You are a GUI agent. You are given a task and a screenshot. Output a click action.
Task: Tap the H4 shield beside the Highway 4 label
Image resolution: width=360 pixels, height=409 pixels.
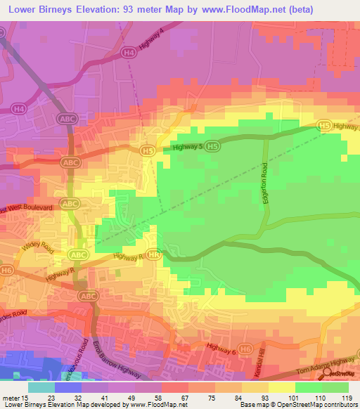click(128, 52)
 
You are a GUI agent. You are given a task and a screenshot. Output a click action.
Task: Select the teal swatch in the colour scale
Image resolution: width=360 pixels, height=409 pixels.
click(41, 387)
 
